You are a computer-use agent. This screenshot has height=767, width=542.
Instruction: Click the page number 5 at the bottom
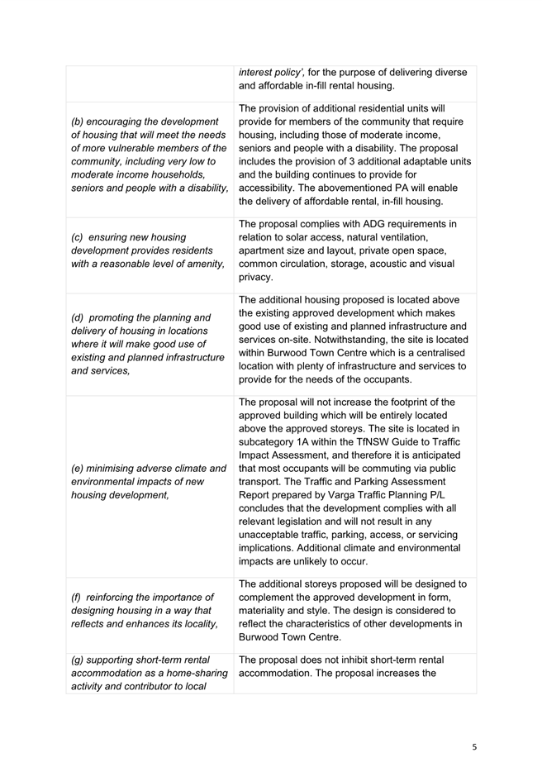pos(474,746)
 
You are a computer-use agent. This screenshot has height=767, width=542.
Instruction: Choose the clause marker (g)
pos(79,660)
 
